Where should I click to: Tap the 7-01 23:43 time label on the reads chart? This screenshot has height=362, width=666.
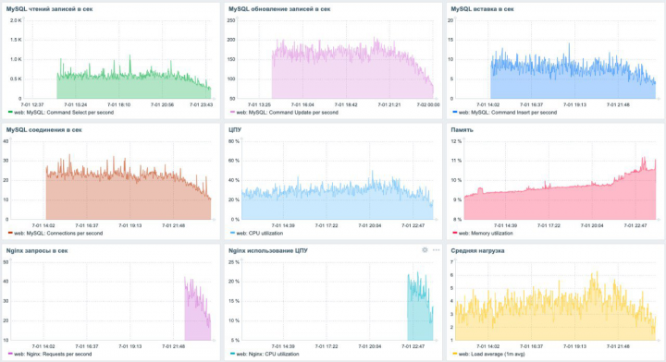[x=201, y=104]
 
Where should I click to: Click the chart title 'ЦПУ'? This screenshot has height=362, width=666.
[x=235, y=130]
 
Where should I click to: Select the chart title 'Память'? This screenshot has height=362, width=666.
[x=462, y=130]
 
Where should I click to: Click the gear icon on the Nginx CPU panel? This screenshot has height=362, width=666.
[x=425, y=250]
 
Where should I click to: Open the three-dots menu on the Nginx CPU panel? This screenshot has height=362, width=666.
[x=436, y=250]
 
